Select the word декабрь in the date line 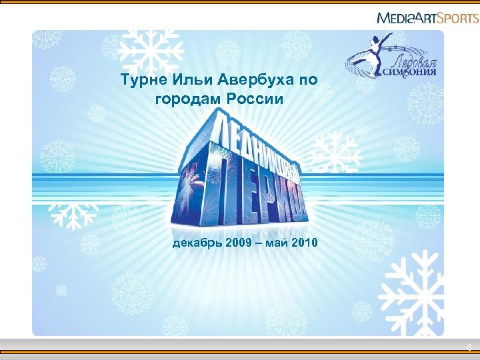tap(197, 243)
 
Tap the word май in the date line tap(276, 243)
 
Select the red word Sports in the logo tap(458, 17)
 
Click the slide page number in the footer tap(469, 347)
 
